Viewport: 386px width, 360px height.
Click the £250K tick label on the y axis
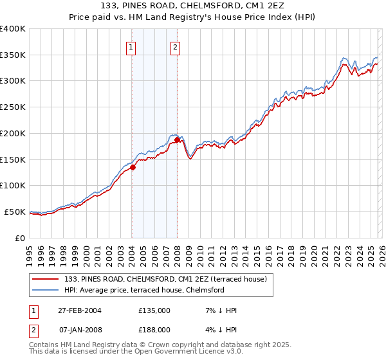click(13, 107)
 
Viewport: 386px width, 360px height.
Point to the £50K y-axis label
click(15, 212)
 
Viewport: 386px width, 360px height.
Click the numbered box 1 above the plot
click(131, 46)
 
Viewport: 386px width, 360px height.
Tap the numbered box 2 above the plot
click(175, 46)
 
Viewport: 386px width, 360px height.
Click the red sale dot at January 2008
click(177, 139)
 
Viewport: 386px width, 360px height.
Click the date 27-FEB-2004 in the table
click(77, 310)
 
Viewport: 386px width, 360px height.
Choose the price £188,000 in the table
click(154, 330)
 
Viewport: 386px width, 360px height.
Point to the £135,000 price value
click(154, 310)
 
